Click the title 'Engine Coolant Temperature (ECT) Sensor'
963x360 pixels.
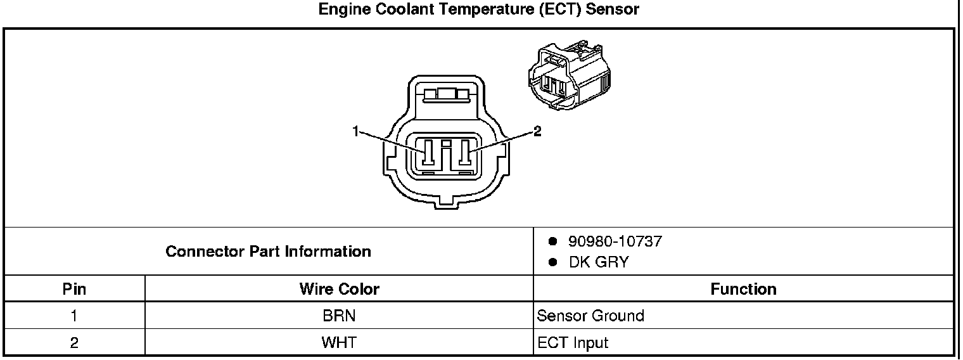(478, 10)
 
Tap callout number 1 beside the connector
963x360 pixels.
(356, 131)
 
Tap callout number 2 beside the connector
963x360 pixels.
(537, 131)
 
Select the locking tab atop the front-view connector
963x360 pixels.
(447, 95)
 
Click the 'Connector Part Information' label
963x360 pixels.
(268, 252)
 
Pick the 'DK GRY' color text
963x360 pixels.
(599, 262)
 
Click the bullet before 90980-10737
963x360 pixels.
(552, 241)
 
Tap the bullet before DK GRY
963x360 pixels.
(552, 262)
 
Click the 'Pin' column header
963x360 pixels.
(74, 290)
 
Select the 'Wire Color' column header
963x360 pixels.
(339, 290)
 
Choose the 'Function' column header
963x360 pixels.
(743, 290)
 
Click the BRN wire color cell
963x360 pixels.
(339, 316)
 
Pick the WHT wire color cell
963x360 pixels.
(339, 343)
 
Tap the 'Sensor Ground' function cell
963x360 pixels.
(590, 316)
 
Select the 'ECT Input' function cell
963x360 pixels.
(573, 343)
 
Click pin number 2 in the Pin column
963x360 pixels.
(74, 343)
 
